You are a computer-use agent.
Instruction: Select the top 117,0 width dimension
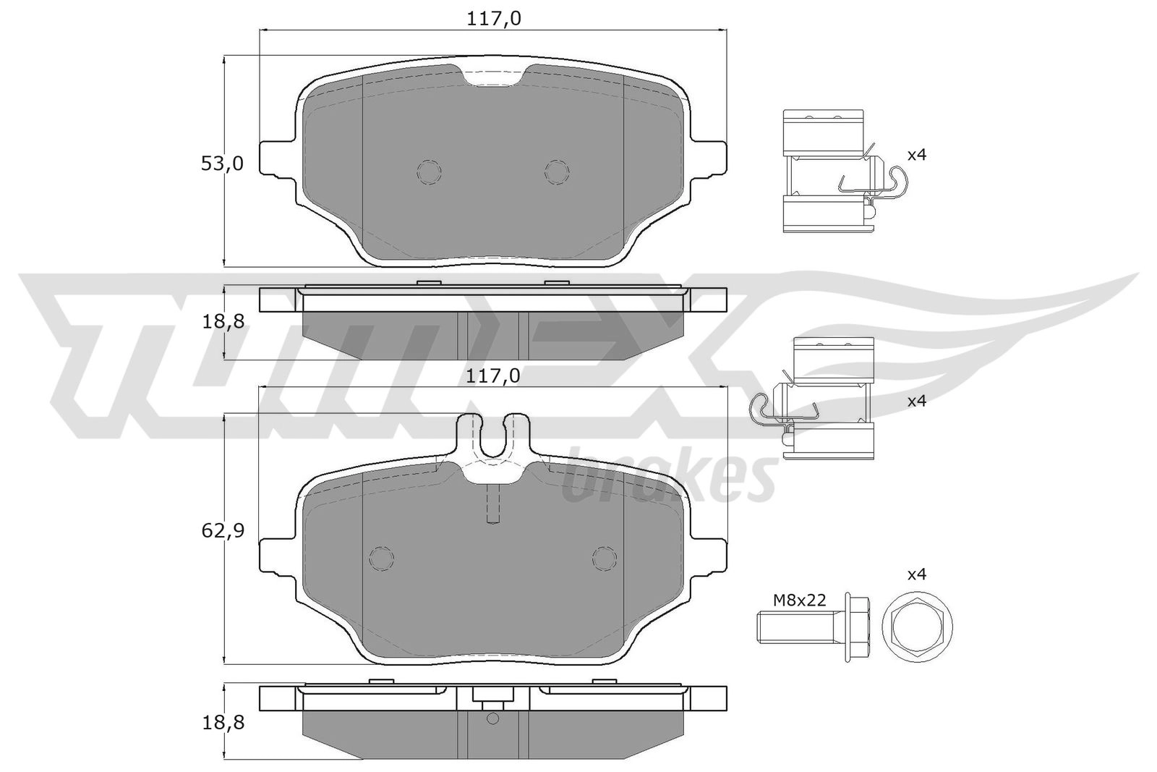[x=494, y=18]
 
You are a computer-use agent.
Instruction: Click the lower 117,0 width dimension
[x=494, y=376]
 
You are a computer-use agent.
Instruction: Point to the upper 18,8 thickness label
[x=222, y=321]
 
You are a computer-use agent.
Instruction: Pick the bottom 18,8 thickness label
[x=222, y=721]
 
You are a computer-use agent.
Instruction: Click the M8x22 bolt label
[x=799, y=599]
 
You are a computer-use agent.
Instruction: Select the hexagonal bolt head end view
[x=917, y=626]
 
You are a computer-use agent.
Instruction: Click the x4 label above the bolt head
[x=916, y=574]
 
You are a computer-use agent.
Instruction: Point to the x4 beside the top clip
[x=916, y=154]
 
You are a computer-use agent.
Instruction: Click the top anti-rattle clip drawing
[x=832, y=171]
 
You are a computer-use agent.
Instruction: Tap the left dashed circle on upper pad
[x=429, y=171]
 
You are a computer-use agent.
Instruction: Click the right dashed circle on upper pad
[x=557, y=171]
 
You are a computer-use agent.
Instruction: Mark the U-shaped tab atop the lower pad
[x=493, y=437]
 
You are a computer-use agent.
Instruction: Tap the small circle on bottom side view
[x=493, y=718]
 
